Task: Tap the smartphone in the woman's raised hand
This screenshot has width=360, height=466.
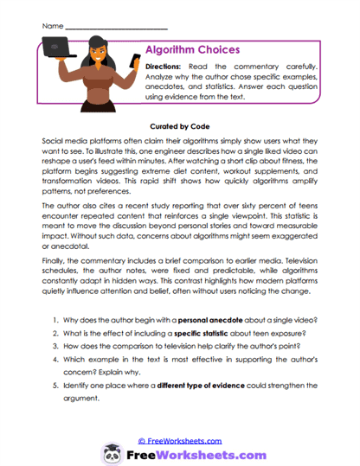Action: (x=135, y=61)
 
